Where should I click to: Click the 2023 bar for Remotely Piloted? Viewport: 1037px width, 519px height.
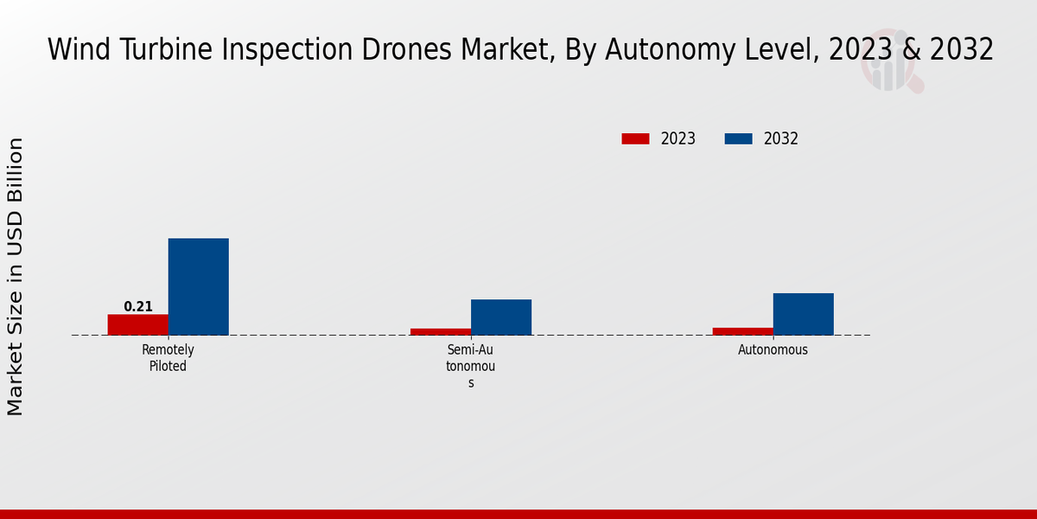click(x=138, y=324)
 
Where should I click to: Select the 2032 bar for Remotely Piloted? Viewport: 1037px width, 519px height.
click(x=199, y=286)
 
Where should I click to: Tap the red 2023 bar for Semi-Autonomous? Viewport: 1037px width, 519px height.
click(x=441, y=331)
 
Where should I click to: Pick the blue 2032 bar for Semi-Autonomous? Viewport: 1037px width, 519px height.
click(x=501, y=317)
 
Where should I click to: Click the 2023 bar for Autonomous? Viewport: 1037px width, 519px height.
click(x=743, y=331)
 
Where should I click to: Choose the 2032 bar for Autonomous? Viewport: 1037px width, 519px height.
click(x=804, y=314)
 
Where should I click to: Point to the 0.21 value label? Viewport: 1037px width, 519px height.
click(x=138, y=307)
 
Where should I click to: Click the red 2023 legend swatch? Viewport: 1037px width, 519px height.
click(x=635, y=138)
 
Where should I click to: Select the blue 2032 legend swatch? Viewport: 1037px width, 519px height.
click(x=738, y=138)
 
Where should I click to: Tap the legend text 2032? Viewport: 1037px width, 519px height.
click(x=781, y=138)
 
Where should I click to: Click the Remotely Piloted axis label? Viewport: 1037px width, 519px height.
click(x=168, y=358)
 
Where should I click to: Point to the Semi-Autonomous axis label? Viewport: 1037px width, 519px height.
click(x=471, y=366)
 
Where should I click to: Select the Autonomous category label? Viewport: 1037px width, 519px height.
click(x=773, y=350)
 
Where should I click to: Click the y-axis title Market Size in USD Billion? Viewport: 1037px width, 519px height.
click(x=16, y=277)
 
